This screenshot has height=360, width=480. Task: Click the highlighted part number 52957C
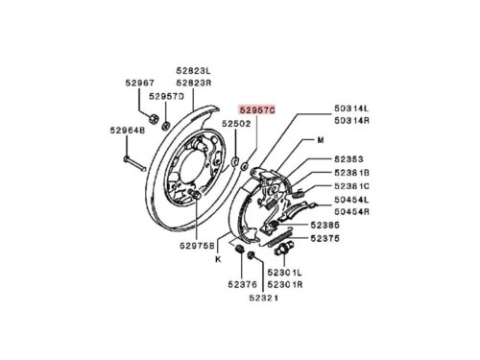(257, 110)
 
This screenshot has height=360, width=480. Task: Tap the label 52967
(140, 83)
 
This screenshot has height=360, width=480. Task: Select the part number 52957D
(166, 96)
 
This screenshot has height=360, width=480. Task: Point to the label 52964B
(128, 131)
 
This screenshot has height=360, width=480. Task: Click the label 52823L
(194, 71)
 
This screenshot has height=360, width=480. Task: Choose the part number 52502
(236, 124)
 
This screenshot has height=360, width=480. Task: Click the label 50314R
(351, 121)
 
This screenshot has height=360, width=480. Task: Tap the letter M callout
(321, 140)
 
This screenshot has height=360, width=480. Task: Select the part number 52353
(348, 159)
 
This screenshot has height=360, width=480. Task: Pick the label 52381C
(351, 186)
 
